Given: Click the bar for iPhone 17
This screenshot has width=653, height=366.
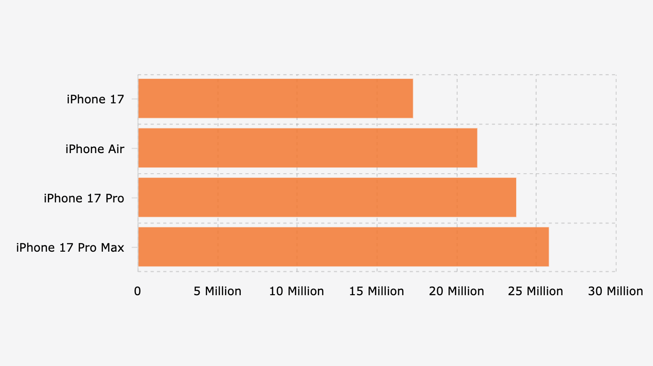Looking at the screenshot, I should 275,98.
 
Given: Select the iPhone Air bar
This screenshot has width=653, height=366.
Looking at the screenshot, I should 307,148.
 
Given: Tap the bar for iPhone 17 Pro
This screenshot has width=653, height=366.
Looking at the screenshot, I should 327,197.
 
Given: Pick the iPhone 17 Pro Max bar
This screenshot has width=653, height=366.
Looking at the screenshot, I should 343,247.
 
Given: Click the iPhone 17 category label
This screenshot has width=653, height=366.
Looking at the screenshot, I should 95,99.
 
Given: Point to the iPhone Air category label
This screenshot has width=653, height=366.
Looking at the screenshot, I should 95,149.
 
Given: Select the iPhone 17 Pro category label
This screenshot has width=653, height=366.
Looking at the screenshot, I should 84,198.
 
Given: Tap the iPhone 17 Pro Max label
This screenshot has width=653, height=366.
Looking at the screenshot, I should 70,248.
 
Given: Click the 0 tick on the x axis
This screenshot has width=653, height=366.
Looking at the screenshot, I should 138,291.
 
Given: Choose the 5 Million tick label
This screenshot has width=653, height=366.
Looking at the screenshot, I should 217,291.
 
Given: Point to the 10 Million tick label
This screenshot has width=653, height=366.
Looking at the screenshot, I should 296,291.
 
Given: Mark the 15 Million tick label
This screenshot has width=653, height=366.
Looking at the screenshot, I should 377,291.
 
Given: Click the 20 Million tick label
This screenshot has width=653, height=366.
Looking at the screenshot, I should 456,291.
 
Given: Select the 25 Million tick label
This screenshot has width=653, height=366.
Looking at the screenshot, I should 536,291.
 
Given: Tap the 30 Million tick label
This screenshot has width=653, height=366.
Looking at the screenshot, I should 616,291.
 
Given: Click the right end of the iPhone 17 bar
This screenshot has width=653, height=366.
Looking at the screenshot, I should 412,98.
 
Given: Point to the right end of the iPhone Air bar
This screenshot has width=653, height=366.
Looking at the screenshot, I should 476,148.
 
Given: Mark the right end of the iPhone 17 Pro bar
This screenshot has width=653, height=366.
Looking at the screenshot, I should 516,197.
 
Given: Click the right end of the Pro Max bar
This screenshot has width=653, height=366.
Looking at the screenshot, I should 548,247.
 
